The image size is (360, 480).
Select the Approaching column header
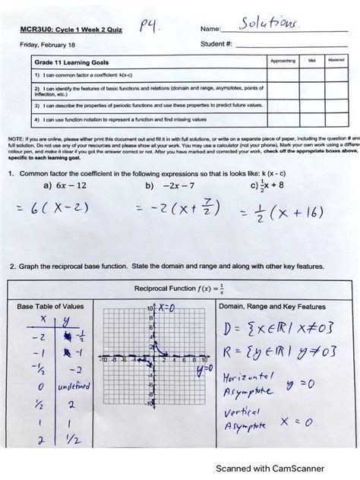(x=282, y=60)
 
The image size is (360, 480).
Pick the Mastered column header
(x=336, y=60)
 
